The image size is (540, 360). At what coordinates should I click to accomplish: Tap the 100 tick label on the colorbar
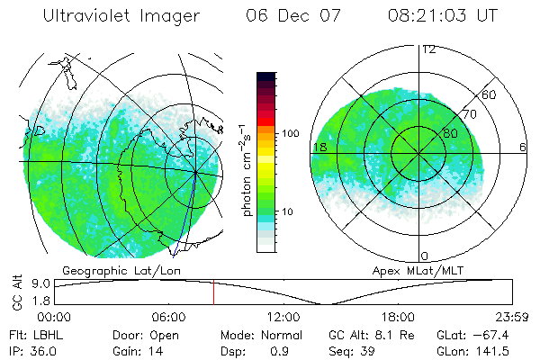click(x=289, y=133)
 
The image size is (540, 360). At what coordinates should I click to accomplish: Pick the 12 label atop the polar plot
click(x=429, y=49)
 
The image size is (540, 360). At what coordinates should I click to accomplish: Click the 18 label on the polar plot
click(x=319, y=147)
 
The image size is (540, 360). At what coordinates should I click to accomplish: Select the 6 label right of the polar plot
click(x=523, y=147)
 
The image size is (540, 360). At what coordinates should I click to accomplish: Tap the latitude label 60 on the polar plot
click(x=490, y=94)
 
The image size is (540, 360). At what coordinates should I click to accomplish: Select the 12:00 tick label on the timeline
click(x=283, y=317)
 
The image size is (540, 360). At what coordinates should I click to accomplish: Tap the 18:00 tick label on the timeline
click(x=398, y=317)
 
